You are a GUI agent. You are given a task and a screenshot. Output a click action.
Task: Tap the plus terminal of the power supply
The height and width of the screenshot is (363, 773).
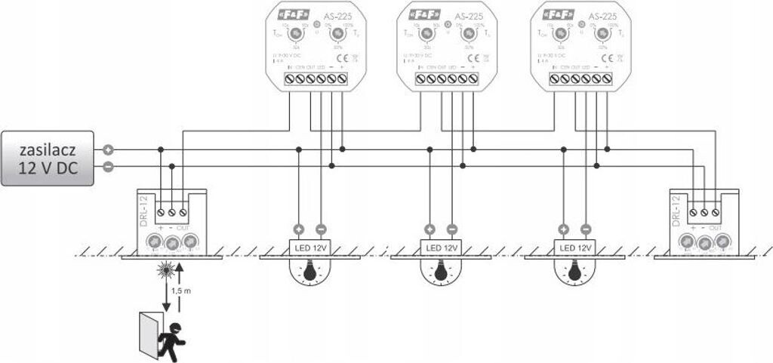[x=109, y=150]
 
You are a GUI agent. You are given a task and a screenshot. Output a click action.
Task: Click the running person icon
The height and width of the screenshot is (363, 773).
[x=174, y=338]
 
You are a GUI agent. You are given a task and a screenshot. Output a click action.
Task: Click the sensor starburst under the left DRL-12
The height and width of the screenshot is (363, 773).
[x=164, y=269]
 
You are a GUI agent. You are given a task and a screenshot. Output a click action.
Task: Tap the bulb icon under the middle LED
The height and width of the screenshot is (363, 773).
[x=440, y=272]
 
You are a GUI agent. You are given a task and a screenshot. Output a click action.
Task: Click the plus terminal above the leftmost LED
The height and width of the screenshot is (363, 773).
[x=298, y=228]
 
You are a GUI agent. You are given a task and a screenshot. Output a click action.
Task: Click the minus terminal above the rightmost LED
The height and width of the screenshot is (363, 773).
[x=585, y=228]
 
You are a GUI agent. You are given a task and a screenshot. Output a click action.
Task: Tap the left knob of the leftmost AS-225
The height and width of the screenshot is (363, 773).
[x=297, y=34]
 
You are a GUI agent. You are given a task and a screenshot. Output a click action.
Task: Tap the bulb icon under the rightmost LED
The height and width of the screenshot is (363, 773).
[x=573, y=272]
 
